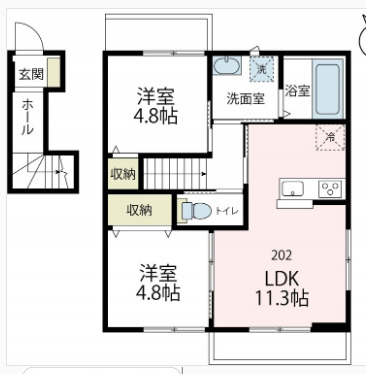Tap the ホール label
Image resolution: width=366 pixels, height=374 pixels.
27,116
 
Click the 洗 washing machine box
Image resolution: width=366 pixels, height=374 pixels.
260,70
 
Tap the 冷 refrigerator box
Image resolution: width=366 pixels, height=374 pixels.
329,137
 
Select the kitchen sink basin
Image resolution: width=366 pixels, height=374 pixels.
295,187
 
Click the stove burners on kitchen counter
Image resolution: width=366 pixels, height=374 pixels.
328,188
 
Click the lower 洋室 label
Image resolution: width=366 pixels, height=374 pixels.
158,272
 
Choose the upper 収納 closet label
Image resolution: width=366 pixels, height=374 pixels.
122,174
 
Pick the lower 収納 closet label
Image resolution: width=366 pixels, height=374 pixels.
139,210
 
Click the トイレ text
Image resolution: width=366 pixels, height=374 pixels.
227,211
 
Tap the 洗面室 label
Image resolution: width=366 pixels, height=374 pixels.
244,98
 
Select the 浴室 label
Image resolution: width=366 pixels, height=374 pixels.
297,91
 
